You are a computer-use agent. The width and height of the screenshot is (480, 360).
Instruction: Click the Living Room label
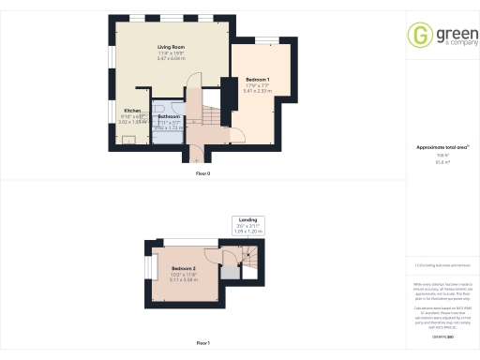click(x=170, y=47)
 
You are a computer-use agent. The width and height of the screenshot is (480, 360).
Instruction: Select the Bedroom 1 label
click(x=258, y=79)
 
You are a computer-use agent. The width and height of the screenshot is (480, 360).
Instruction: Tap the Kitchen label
click(x=132, y=110)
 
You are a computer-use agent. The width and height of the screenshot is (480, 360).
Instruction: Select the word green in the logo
click(x=448, y=31)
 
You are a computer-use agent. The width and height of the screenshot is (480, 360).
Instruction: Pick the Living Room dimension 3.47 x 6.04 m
click(x=171, y=58)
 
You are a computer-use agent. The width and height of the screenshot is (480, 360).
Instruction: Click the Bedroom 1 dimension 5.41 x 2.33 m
click(x=258, y=91)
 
